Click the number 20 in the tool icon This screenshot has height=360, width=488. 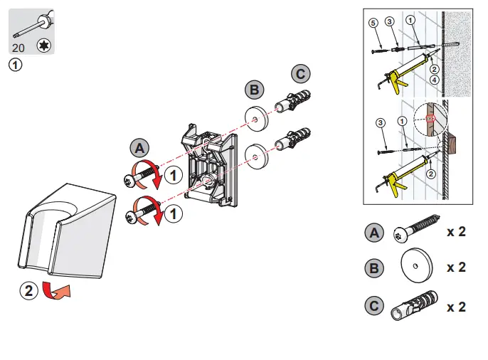pyautogui.click(x=19, y=48)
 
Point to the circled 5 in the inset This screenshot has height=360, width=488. pyautogui.click(x=373, y=23)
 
